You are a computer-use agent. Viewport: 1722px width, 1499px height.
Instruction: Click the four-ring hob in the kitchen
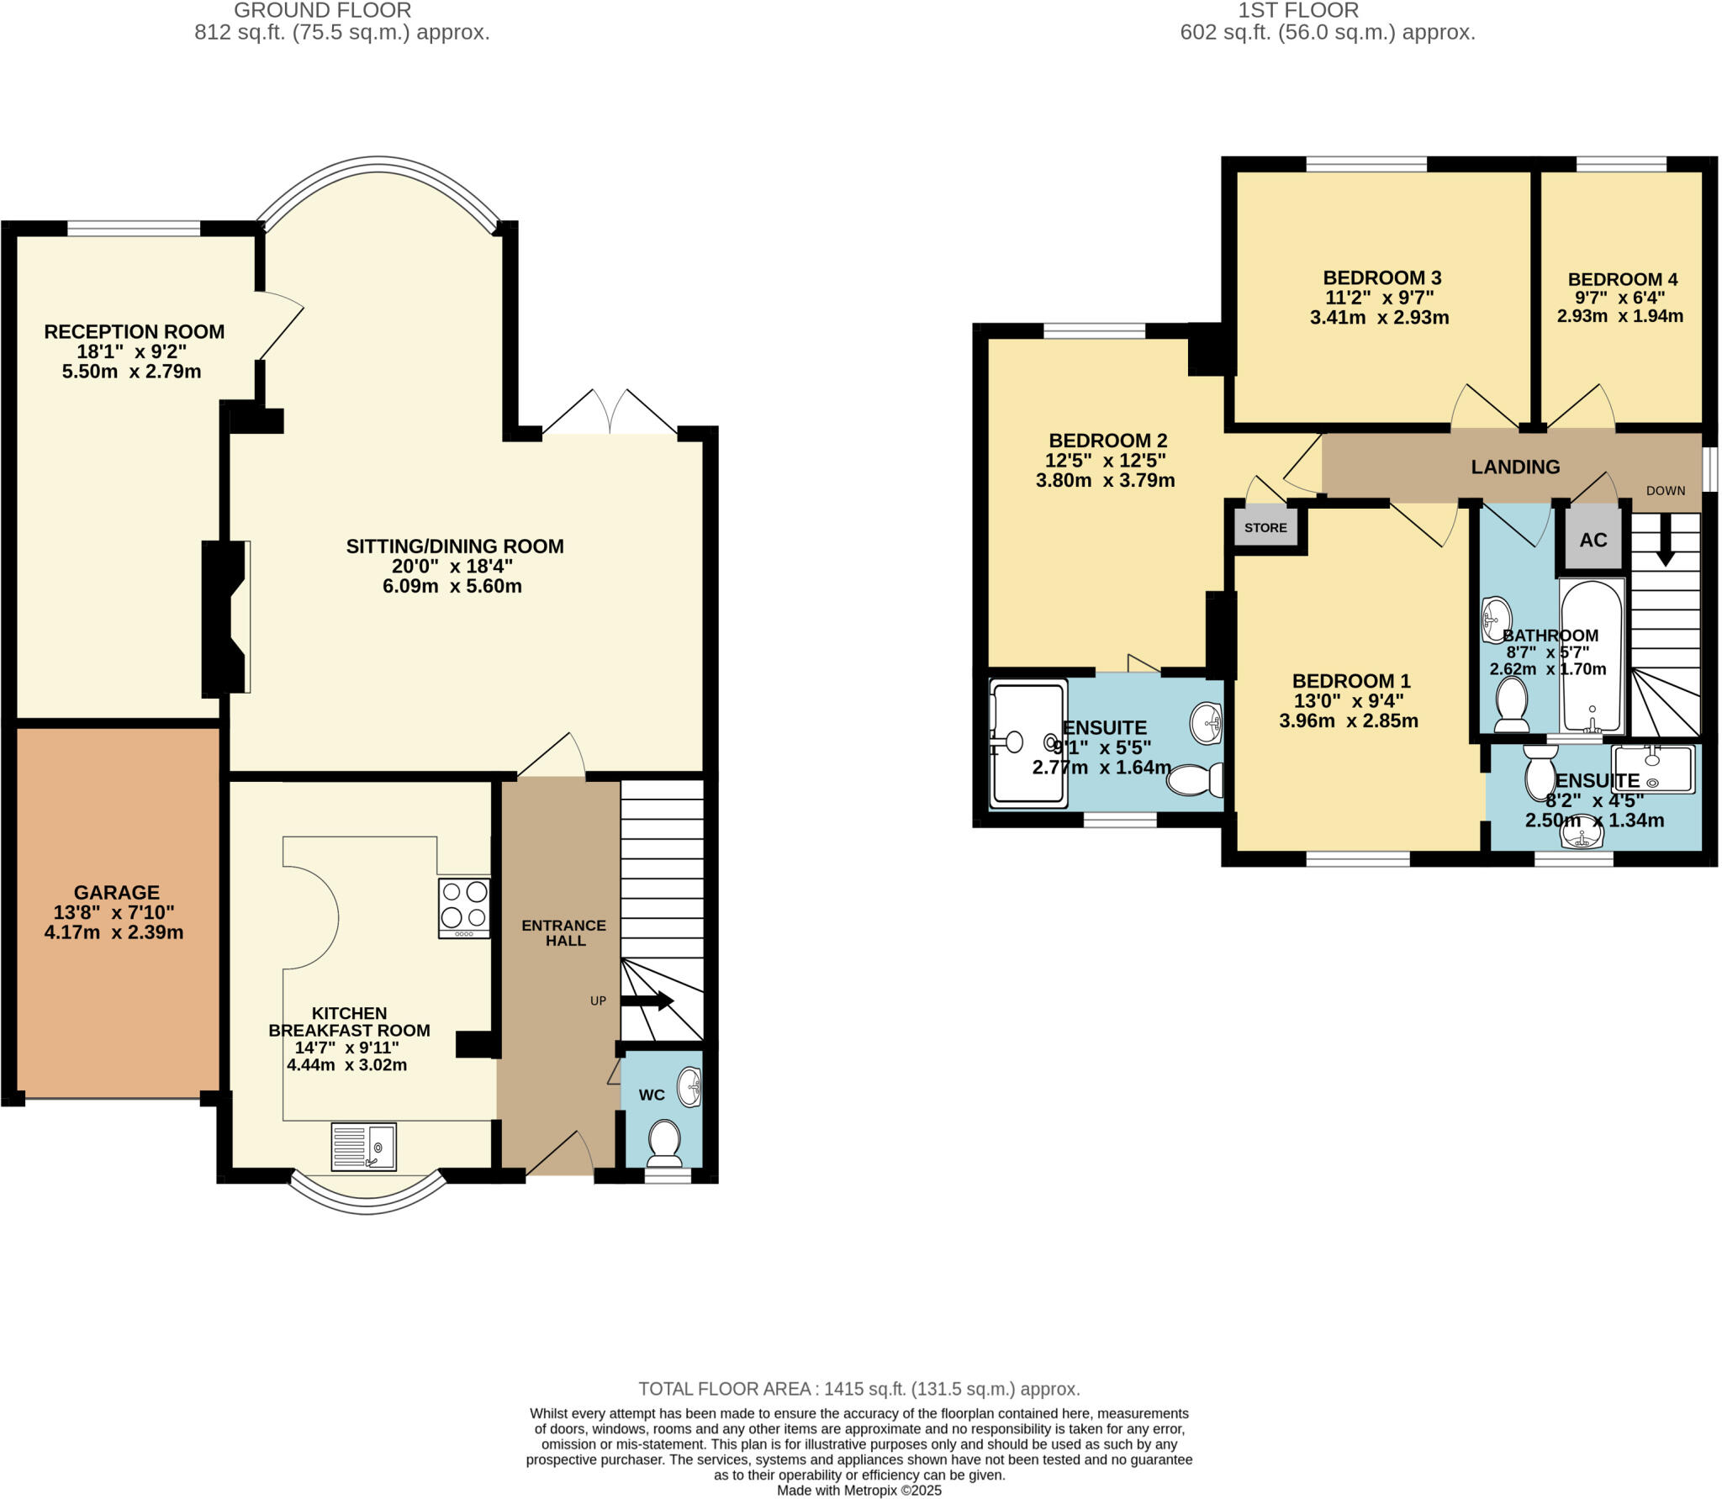click(464, 908)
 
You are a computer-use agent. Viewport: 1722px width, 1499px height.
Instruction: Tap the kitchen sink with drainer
click(363, 1146)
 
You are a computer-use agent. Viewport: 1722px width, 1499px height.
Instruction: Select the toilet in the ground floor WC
click(665, 1141)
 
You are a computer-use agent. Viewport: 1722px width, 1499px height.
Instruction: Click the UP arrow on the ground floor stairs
click(647, 1000)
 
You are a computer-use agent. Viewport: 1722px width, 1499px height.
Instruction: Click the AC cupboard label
click(1593, 540)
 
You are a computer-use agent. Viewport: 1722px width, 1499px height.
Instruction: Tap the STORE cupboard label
click(1265, 528)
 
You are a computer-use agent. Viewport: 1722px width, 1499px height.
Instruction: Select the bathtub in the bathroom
click(1591, 656)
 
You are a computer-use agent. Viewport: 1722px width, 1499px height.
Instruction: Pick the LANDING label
click(1515, 467)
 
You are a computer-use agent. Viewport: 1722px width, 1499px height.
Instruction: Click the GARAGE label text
click(116, 892)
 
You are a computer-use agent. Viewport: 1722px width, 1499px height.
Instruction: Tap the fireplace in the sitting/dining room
click(225, 617)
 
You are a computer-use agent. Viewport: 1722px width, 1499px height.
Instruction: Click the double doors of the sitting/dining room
click(610, 414)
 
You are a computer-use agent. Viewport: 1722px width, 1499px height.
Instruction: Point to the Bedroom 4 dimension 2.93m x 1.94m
click(1619, 316)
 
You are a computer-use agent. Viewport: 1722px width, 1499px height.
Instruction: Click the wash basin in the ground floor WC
click(689, 1087)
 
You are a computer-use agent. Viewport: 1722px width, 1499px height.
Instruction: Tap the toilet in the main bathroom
click(1511, 705)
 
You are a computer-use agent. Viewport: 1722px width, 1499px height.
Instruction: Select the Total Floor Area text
click(858, 1389)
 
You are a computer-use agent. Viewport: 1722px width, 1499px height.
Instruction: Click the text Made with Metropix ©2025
click(858, 1491)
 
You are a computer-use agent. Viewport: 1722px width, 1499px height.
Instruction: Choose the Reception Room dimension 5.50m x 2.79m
click(131, 372)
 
